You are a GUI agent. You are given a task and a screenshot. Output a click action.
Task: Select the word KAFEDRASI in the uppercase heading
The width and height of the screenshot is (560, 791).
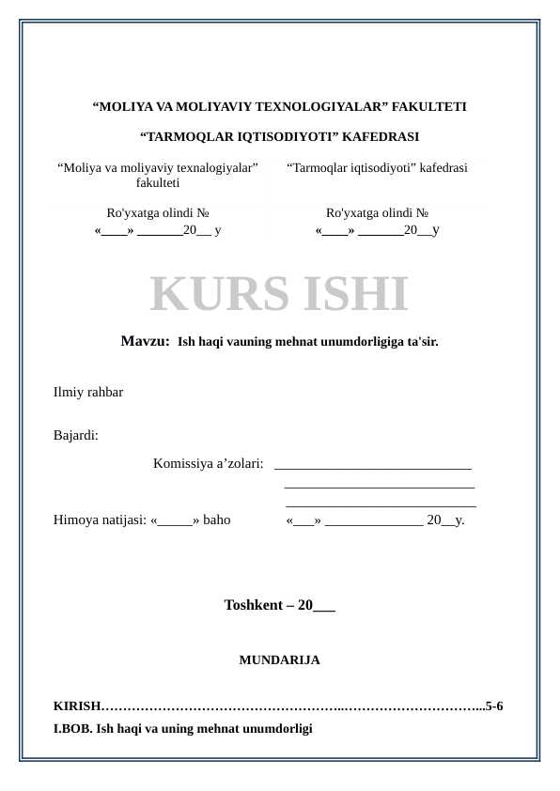[381, 137]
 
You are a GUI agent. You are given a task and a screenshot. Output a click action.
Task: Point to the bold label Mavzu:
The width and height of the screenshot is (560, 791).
[145, 341]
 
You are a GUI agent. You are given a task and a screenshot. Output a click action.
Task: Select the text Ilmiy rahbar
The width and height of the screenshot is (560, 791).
[88, 392]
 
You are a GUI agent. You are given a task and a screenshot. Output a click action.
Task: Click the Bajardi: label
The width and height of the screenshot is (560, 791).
[76, 435]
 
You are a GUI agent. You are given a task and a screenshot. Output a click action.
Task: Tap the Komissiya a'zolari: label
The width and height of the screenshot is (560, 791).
[208, 463]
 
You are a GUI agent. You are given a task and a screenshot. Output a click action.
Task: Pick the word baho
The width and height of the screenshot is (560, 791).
[216, 519]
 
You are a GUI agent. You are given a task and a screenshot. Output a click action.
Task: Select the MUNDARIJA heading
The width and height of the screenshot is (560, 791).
[279, 660]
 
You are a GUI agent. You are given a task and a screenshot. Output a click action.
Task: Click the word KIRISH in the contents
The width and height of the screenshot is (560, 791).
[76, 706]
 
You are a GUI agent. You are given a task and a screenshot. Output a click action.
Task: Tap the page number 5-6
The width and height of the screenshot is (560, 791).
[493, 706]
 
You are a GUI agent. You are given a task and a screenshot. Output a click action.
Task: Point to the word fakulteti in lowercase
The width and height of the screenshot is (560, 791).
[158, 183]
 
